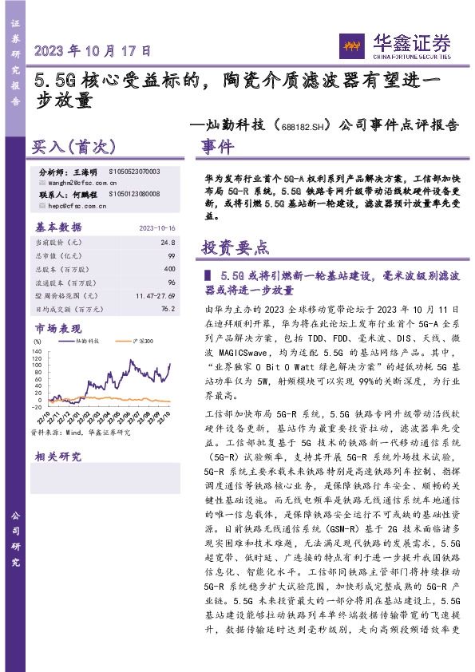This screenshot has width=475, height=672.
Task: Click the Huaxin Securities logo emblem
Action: coord(348,43)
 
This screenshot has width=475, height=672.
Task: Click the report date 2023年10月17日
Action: coord(93,51)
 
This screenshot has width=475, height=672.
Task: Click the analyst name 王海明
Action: coord(83,172)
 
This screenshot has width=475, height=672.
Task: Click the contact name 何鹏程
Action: coord(83,194)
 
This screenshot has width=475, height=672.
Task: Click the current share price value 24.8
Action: coord(167,241)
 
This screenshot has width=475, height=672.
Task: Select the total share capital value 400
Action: coord(168,269)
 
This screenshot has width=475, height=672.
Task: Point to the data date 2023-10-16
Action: coord(156,227)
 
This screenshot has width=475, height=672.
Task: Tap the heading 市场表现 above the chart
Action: coord(57,327)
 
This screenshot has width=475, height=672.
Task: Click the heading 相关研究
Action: coord(57,457)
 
